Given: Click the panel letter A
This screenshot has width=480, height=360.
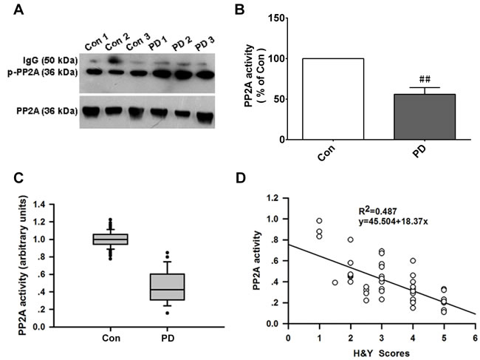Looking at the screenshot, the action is click(x=18, y=10).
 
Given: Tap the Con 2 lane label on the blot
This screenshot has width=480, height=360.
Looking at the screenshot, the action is click(x=117, y=43).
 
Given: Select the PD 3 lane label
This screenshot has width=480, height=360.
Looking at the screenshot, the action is click(x=205, y=44).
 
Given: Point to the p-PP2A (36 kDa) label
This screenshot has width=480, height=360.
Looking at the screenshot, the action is click(x=43, y=73).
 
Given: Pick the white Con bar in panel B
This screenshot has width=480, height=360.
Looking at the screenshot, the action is click(x=333, y=99).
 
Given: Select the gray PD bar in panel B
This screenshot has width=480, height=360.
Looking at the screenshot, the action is click(x=425, y=117).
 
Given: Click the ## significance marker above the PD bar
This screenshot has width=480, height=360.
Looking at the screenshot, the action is click(x=425, y=80).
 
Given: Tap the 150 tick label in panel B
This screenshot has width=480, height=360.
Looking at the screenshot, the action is click(x=276, y=18).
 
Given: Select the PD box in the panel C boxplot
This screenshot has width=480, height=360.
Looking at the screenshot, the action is click(x=168, y=287).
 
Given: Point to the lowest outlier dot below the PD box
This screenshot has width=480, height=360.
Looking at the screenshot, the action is click(x=167, y=313).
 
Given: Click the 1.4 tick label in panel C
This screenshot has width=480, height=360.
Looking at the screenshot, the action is click(x=44, y=204).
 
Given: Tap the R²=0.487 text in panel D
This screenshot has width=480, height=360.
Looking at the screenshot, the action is click(x=377, y=211).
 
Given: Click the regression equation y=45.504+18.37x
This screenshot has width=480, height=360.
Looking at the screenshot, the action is click(x=393, y=222).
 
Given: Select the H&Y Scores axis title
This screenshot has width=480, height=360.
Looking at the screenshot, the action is click(x=382, y=353).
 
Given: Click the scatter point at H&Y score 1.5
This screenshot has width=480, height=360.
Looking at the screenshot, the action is click(x=335, y=282).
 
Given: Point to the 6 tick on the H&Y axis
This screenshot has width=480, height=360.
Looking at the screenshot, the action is click(x=475, y=338).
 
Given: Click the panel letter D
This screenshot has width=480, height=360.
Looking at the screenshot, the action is click(x=241, y=177).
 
